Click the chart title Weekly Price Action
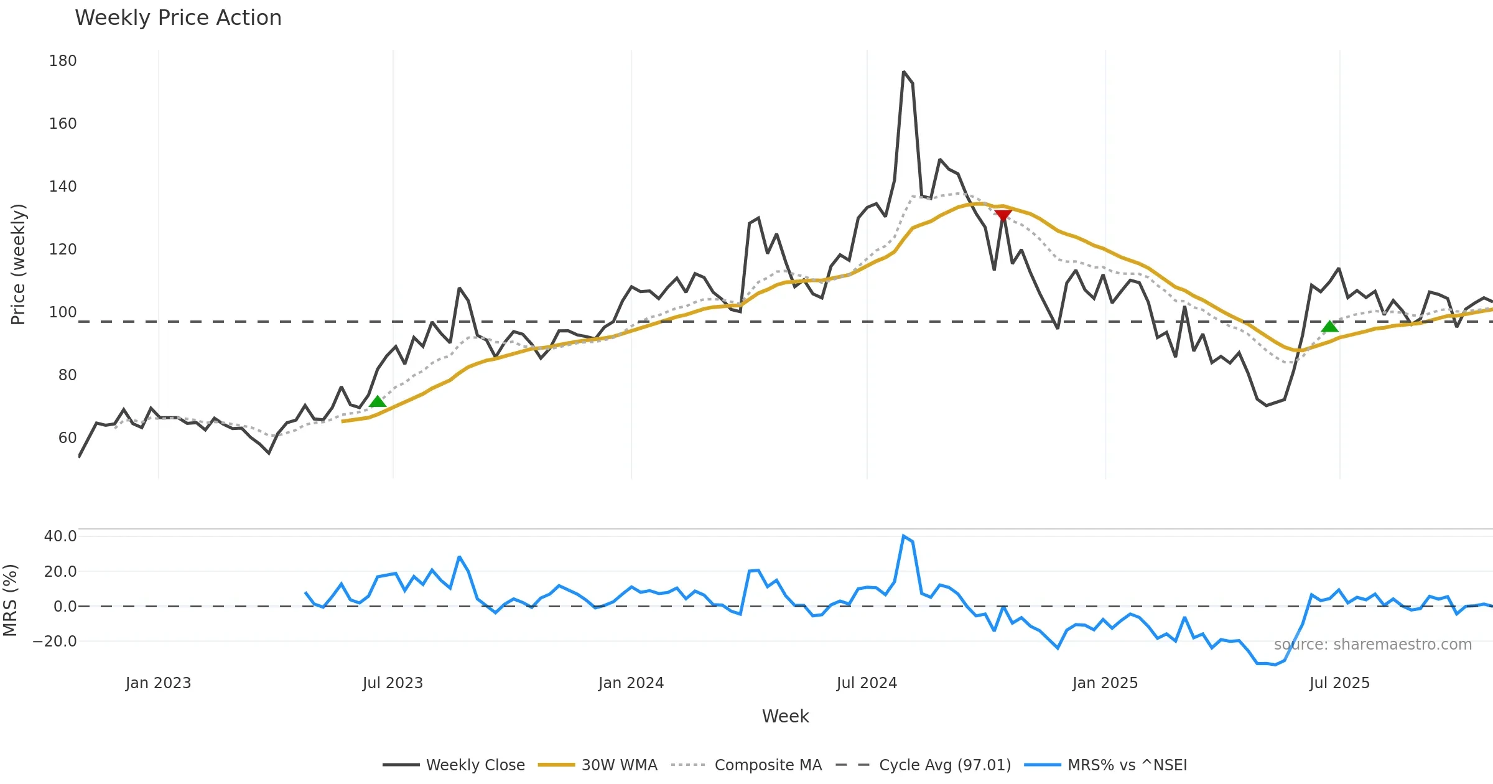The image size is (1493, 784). point(178,18)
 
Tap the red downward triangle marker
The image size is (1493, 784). point(1003,215)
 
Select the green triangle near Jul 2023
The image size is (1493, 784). point(378,401)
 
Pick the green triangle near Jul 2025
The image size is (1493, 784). point(1329,327)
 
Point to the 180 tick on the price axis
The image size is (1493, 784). point(63,61)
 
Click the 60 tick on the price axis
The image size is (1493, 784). point(67,438)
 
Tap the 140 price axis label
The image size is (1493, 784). point(63,187)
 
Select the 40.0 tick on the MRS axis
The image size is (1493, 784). point(60,536)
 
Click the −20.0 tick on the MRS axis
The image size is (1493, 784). point(55,642)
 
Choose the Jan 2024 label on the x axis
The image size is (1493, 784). point(631,683)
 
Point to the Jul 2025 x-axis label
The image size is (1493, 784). point(1339,683)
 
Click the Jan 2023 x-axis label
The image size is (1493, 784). point(158,683)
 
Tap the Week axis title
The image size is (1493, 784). point(785,717)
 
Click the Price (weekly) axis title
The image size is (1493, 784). point(18,264)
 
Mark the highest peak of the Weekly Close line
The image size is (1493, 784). point(903,72)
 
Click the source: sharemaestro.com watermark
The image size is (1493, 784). point(1372,645)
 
